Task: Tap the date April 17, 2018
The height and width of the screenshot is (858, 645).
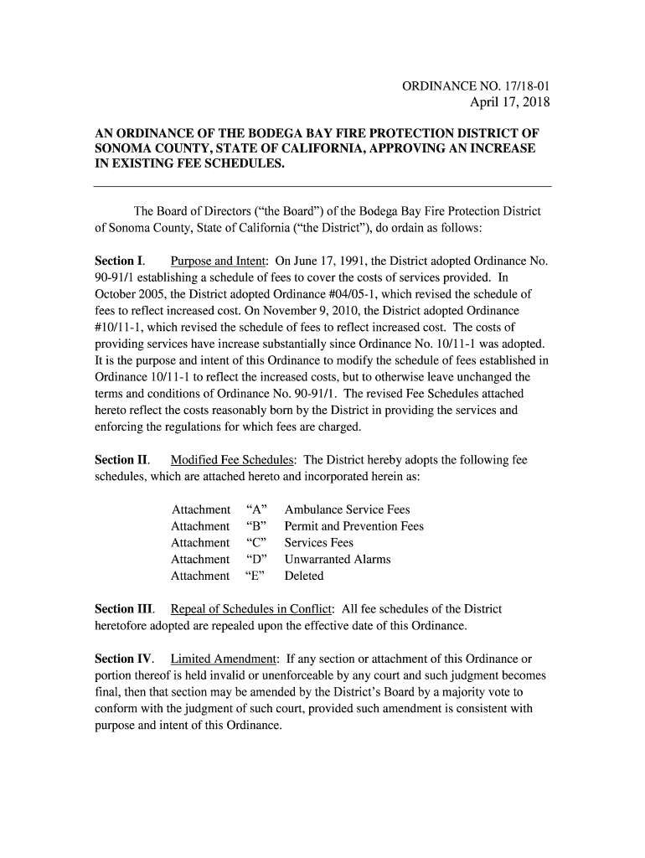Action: coord(509,104)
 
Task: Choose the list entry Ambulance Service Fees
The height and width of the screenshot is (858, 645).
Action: coord(347,509)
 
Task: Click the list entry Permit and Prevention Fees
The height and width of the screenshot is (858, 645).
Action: coord(353,526)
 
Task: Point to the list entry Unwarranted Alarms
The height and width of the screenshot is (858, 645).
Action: coord(338,559)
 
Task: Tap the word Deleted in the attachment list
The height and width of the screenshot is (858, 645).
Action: coord(304,576)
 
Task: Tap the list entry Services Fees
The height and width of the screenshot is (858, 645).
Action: coord(319,543)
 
